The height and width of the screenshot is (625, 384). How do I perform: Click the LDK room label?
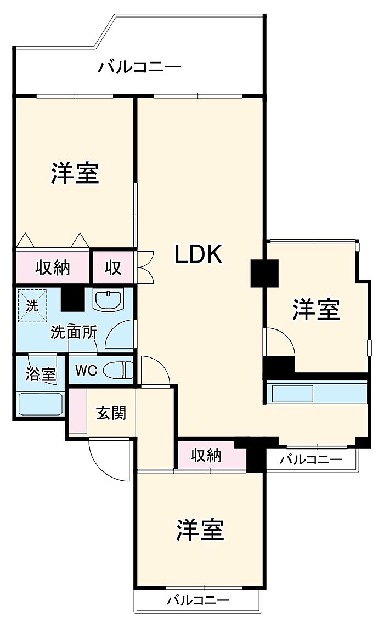[199, 254]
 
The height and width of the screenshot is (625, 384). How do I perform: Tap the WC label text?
[86, 371]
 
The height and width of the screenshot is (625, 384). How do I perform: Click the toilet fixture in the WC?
[118, 371]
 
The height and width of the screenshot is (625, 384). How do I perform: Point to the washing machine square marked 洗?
[32, 304]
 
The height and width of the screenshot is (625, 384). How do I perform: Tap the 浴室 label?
[41, 375]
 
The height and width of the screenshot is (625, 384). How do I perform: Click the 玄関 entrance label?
[111, 412]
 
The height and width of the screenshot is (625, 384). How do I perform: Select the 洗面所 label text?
[75, 332]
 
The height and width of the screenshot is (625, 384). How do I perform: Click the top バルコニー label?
[139, 68]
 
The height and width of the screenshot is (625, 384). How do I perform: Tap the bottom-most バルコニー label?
[198, 600]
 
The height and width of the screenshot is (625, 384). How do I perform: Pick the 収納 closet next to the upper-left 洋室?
[53, 267]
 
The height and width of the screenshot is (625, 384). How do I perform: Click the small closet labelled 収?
[114, 267]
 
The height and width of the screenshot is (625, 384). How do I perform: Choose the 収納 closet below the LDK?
[206, 454]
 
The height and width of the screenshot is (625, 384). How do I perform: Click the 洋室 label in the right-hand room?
[316, 310]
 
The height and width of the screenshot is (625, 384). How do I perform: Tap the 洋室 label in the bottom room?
[200, 529]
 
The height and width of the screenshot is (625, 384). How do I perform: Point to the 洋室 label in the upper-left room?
[75, 173]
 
